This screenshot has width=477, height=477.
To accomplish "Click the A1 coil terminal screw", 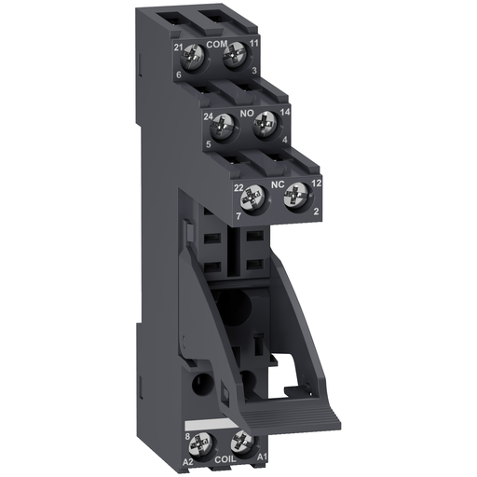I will pyautogui.click(x=244, y=441).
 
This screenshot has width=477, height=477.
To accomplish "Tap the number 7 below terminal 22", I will pyautogui.click(x=238, y=215).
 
